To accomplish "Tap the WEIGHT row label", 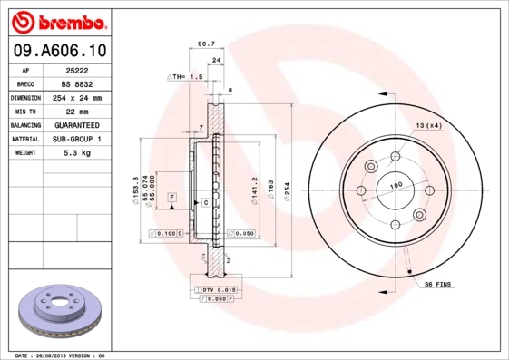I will pyautogui.click(x=25, y=153).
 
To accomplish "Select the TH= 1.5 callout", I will pyautogui.click(x=184, y=77).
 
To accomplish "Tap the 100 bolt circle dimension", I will pyautogui.click(x=396, y=185).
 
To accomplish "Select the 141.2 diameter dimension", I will pyautogui.click(x=256, y=189).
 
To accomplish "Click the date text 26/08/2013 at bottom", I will pyautogui.click(x=61, y=355).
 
